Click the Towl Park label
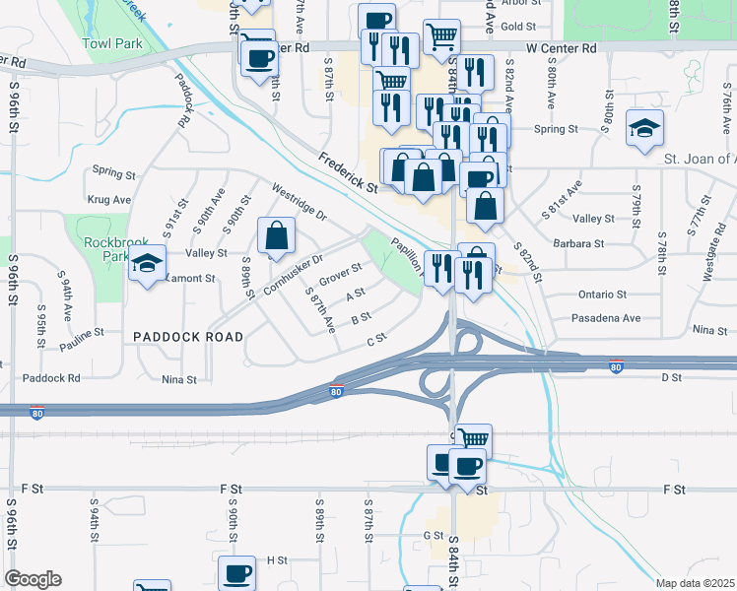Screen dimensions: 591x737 [112, 43]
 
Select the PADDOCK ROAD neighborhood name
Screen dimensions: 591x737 [188, 336]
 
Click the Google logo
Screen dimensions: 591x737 [32, 579]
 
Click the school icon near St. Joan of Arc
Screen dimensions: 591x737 [644, 128]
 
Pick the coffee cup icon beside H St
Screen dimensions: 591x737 [236, 572]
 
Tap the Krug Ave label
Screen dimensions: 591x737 [108, 199]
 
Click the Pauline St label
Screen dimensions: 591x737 [82, 346]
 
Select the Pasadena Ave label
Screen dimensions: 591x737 [607, 318]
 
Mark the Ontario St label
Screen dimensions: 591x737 [602, 294]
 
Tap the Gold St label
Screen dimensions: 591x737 [517, 26]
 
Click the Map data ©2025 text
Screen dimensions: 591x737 [695, 583]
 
